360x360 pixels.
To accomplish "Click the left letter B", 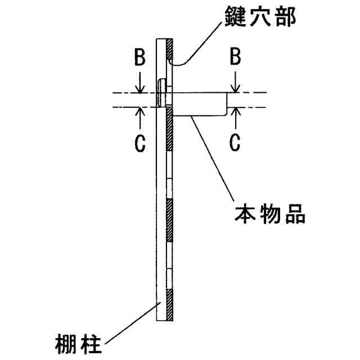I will [x=139, y=58].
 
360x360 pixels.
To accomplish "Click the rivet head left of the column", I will [x=162, y=93].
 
